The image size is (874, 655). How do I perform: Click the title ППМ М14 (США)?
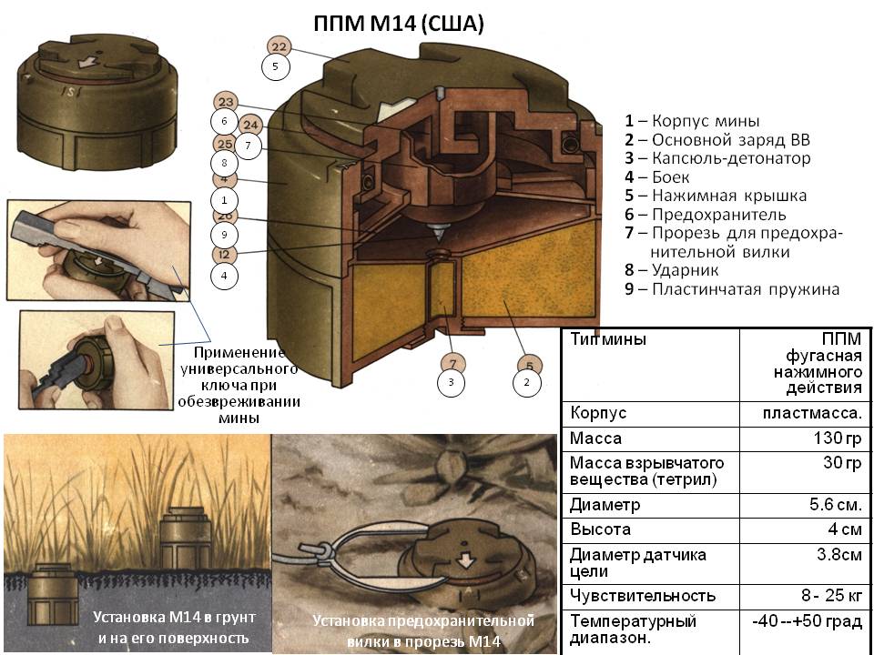tap(399, 24)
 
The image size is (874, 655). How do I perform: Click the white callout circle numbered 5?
tap(275, 66)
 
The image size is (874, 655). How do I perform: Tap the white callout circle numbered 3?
tap(451, 383)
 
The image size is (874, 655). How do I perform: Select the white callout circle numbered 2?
tap(527, 383)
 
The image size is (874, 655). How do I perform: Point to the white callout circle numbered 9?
tap(224, 235)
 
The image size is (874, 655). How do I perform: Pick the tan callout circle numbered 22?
tap(279, 46)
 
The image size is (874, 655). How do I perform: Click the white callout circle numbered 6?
tap(224, 121)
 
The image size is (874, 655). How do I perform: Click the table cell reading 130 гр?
tap(838, 438)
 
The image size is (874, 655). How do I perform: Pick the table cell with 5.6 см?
tap(836, 505)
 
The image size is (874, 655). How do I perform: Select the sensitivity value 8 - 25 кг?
tap(831, 595)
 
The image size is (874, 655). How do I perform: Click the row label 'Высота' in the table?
tap(600, 529)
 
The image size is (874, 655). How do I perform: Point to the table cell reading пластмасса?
tap(812, 413)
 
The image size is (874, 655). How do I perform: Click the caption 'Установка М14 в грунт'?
tap(174, 617)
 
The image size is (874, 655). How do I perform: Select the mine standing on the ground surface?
tap(185, 539)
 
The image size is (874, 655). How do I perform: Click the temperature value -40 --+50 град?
tap(807, 621)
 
